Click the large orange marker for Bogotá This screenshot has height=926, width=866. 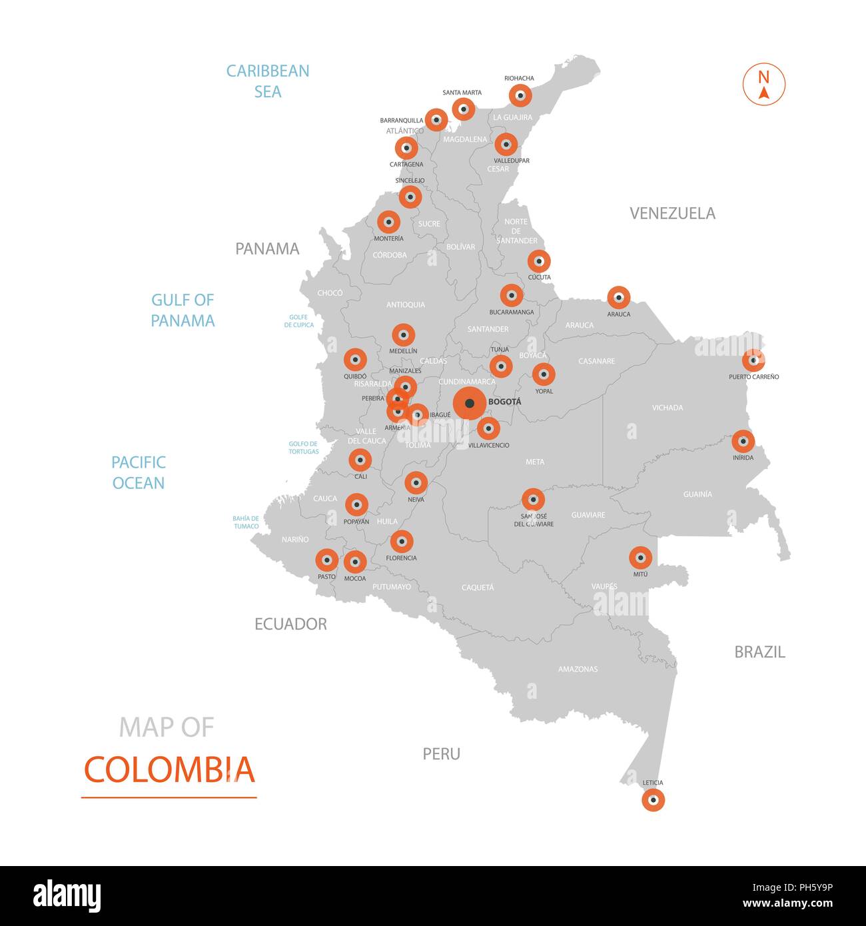point(470,403)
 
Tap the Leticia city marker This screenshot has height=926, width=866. point(653,799)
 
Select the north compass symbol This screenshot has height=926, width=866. point(764,85)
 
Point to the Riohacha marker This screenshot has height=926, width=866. point(521,96)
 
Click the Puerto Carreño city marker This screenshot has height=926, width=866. point(753,360)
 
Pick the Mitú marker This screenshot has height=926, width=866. point(640,557)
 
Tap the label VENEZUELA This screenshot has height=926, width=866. point(672,213)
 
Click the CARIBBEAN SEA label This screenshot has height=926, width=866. point(268,81)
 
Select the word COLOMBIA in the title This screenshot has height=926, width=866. point(169,769)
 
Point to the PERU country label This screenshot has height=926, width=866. point(441,753)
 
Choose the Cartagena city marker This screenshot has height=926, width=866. point(406,148)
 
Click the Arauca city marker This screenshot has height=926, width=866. point(618,297)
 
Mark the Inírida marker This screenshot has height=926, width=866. point(743,441)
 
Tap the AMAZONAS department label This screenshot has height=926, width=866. point(578,669)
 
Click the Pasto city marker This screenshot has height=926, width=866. point(326,560)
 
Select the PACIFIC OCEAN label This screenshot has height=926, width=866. point(138,472)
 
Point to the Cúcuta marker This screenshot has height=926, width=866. point(539,262)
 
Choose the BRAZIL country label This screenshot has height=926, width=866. point(759,652)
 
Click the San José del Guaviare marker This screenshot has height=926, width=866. point(533,500)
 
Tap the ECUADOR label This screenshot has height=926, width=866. point(290,624)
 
